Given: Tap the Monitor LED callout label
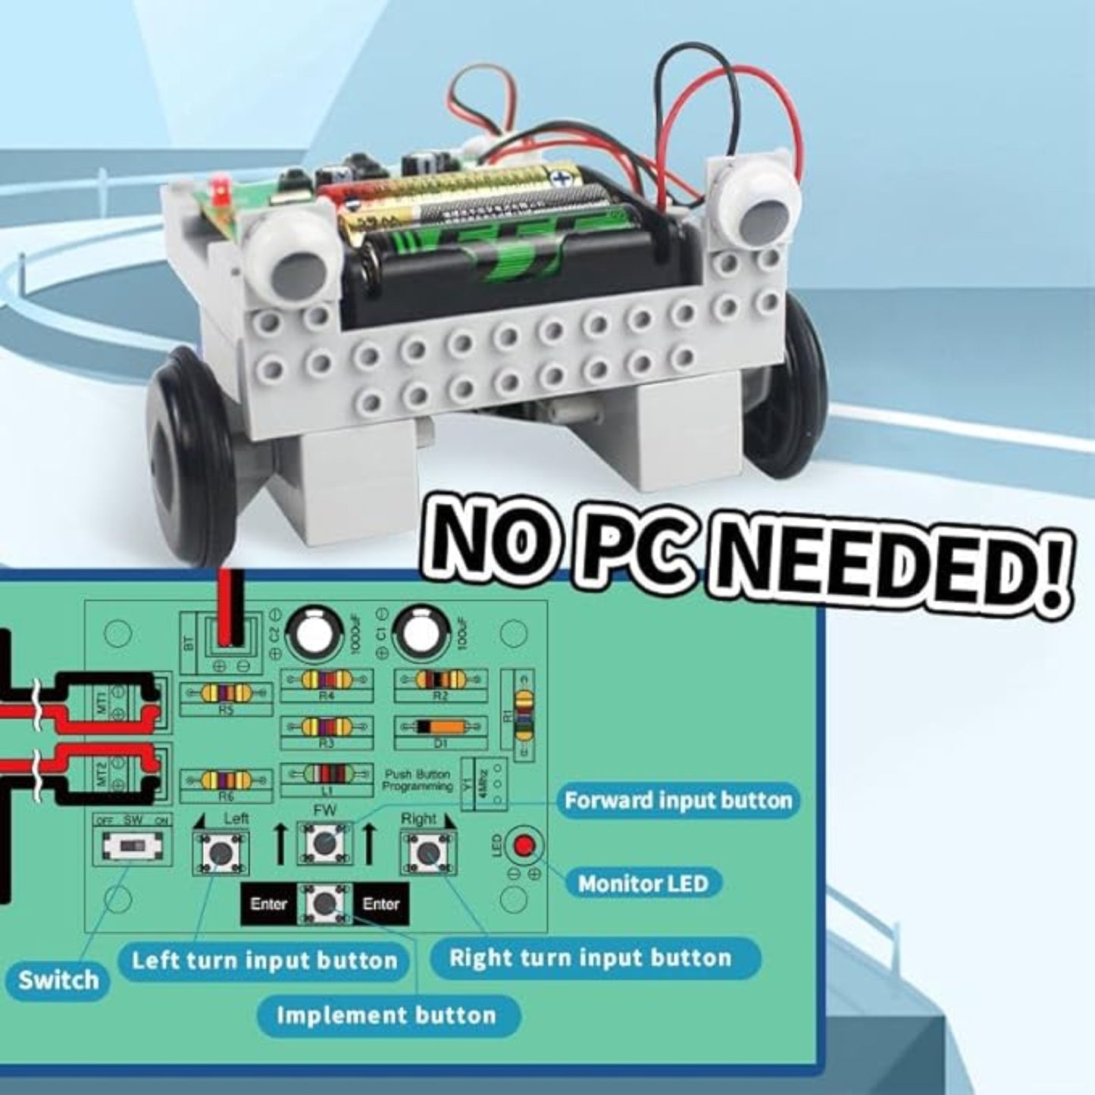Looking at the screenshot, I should point(643,883).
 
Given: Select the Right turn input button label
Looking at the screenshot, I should point(590,958).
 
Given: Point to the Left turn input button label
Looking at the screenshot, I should point(264,961).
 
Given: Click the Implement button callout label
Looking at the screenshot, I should point(386,1015).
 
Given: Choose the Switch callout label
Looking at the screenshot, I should point(58,980).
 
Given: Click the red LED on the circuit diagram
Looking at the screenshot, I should point(525,846).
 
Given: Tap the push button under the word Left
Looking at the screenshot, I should point(221,853).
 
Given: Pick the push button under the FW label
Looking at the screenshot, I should point(324,842).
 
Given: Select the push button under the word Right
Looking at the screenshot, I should point(427,853).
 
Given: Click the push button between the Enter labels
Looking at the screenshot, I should point(324,903).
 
